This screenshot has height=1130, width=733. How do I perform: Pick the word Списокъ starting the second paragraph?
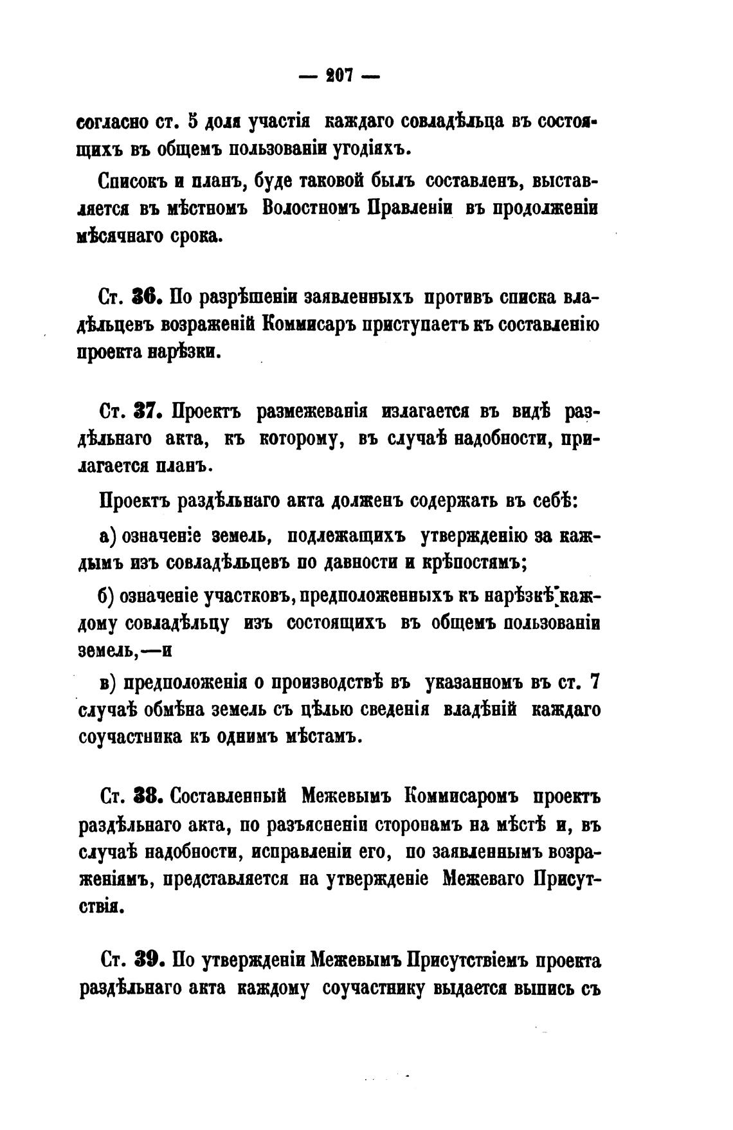pos(133,181)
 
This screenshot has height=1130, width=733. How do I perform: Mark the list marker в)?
pos(105,682)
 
